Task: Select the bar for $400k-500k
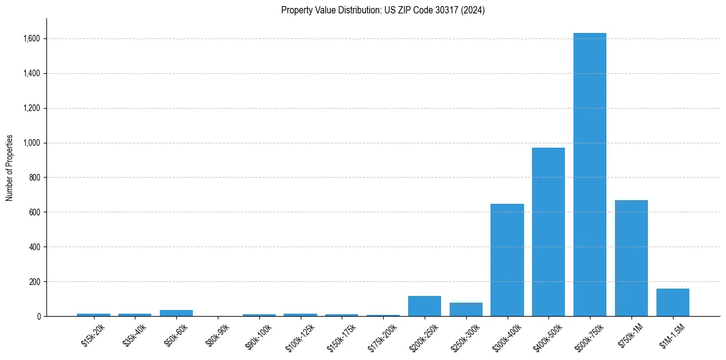[548, 232]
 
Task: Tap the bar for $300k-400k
[507, 260]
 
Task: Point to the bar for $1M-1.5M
[673, 303]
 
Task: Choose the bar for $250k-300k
[466, 309]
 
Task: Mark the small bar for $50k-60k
[176, 313]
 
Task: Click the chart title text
[383, 10]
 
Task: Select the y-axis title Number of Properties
[10, 167]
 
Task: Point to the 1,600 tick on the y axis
[32, 39]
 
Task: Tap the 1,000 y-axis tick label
[32, 143]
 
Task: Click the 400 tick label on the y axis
[35, 247]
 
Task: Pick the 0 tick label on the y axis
[39, 317]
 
